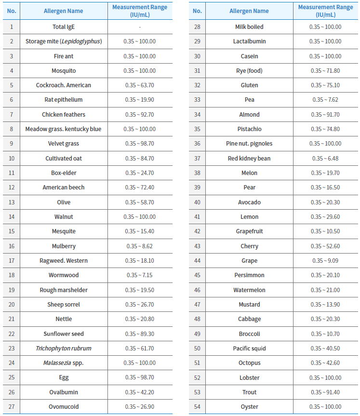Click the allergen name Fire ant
63,56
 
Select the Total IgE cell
63,27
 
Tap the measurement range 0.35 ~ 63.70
139,85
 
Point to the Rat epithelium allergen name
63,100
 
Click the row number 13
12,202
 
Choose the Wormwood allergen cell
63,275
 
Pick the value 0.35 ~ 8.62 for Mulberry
139,246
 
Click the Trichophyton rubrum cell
63,348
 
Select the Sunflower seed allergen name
63,334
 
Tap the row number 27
12,406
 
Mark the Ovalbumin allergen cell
63,392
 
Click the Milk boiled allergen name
249,27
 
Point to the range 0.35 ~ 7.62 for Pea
325,100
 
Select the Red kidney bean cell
249,159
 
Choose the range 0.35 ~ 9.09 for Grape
325,261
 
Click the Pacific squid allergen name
249,348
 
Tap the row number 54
197,406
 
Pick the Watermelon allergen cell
249,290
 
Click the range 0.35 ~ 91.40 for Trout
325,392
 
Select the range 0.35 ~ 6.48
325,159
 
